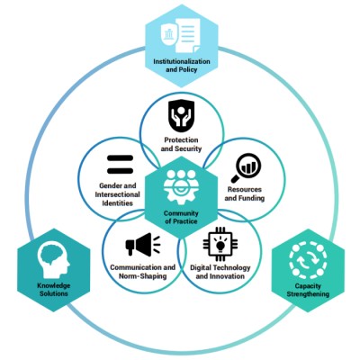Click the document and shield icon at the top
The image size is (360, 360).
[181, 34]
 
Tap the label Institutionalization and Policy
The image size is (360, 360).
[182, 66]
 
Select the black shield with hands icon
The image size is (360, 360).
[181, 116]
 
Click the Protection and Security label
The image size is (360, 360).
[181, 144]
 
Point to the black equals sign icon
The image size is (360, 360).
[120, 165]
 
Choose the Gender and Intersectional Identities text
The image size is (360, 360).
[118, 194]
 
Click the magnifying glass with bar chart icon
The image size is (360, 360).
[246, 167]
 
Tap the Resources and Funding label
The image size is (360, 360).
[245, 193]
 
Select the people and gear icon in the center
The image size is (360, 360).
[181, 186]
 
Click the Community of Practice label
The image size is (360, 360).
[181, 218]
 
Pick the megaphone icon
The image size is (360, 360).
[143, 245]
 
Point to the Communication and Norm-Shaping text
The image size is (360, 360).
[143, 272]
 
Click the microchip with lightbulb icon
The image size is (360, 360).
[220, 244]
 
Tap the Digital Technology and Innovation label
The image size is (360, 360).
[220, 272]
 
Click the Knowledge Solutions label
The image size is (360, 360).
[54, 289]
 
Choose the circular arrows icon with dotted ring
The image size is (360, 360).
[308, 260]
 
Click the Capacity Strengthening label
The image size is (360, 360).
[308, 290]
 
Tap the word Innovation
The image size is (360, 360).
[229, 276]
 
